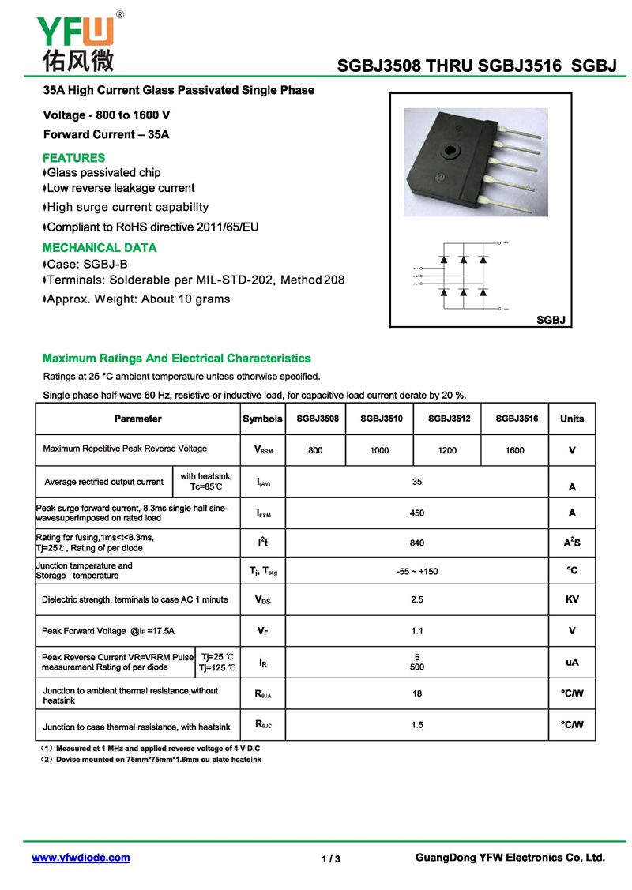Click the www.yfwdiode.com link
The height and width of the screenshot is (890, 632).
click(x=81, y=858)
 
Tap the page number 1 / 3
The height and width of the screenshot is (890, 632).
click(x=331, y=859)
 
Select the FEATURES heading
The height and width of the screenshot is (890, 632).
click(x=73, y=158)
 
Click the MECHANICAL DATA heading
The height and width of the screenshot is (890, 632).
click(x=100, y=248)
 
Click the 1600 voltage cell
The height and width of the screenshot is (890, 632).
click(x=514, y=450)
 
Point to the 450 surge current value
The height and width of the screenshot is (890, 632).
click(x=417, y=513)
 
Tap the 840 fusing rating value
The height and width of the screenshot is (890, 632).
click(x=417, y=543)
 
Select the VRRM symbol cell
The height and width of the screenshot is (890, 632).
click(x=263, y=450)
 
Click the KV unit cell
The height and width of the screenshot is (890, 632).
click(x=572, y=600)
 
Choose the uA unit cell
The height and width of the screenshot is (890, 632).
click(x=572, y=663)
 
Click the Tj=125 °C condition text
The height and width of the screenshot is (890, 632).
click(x=217, y=668)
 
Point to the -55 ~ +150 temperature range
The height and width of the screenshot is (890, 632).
click(x=417, y=571)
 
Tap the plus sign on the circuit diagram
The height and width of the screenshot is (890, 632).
click(x=506, y=243)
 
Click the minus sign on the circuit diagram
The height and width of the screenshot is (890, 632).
click(x=506, y=308)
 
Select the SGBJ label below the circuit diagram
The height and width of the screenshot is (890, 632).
click(x=553, y=320)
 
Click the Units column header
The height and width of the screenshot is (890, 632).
click(x=572, y=419)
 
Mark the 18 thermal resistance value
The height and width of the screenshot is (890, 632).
click(x=417, y=694)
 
